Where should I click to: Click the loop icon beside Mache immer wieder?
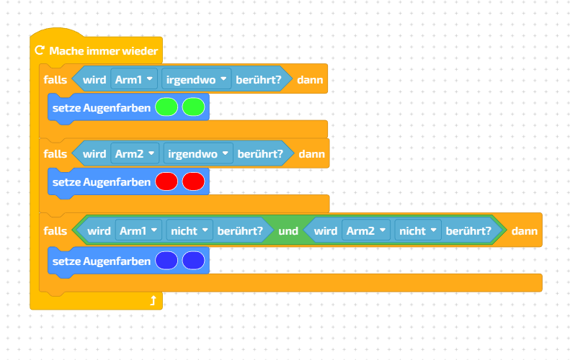(x=40, y=51)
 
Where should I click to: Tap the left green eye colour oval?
(x=166, y=107)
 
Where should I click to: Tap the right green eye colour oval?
(x=193, y=107)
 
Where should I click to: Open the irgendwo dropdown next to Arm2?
(x=198, y=153)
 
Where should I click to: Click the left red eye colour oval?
(x=166, y=182)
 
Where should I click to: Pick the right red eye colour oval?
(x=193, y=182)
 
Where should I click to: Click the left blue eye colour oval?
(x=166, y=261)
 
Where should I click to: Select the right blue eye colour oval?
(x=193, y=261)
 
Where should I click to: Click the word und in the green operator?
(x=288, y=231)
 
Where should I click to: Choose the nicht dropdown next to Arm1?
(x=190, y=231)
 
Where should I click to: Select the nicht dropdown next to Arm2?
(x=417, y=231)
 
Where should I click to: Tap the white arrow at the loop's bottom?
(x=153, y=301)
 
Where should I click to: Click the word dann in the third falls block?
(x=523, y=231)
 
